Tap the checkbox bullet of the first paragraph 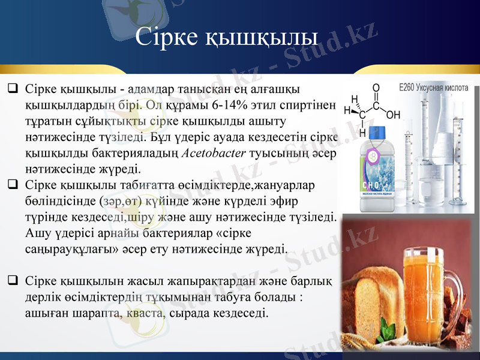tap(12, 89)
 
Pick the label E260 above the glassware tap(410, 88)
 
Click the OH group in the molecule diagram tap(394, 113)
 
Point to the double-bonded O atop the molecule tap(376, 88)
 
